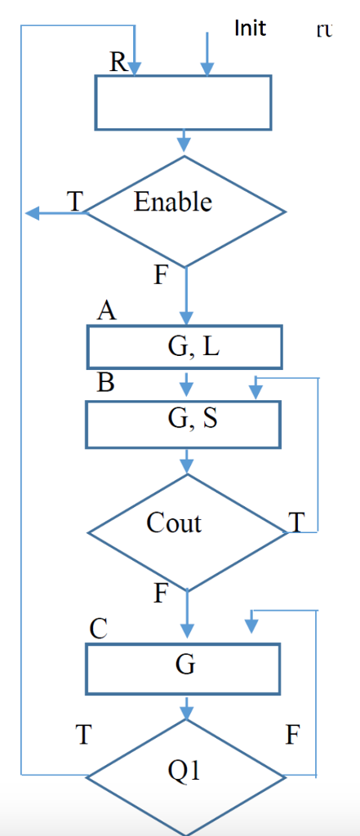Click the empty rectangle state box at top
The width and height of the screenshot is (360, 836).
(184, 103)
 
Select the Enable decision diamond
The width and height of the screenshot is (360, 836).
(185, 211)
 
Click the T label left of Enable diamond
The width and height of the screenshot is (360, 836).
(75, 202)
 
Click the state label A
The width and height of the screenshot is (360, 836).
(106, 311)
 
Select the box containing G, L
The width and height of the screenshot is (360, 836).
(184, 347)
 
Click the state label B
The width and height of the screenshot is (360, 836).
(105, 383)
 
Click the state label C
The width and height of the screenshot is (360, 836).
(99, 629)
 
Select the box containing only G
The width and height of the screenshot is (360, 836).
(184, 667)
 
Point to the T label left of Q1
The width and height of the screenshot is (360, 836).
(82, 736)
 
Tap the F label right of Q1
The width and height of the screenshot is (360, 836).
(293, 736)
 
